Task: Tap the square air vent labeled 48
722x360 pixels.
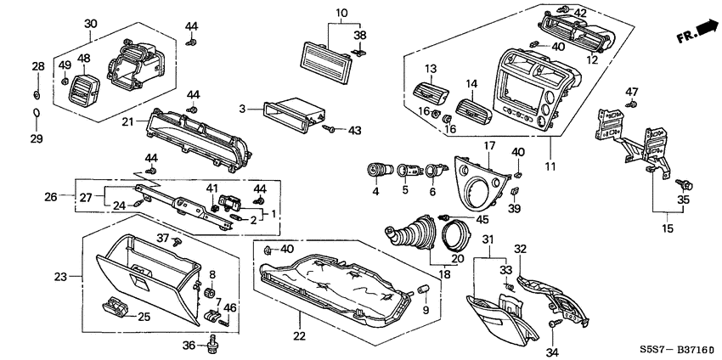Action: [x=85, y=85]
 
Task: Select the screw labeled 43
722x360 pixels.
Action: [x=329, y=130]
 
